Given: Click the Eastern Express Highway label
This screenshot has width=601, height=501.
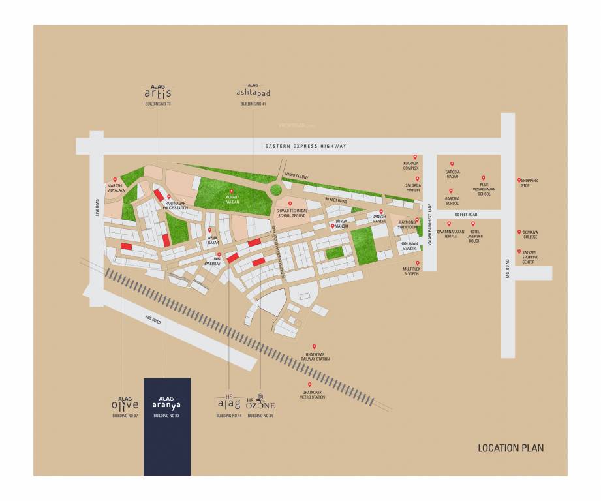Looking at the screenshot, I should [x=305, y=146].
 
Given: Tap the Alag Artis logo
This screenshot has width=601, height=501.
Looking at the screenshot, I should [x=157, y=92].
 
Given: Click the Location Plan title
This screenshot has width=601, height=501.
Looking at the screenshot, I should [x=510, y=448].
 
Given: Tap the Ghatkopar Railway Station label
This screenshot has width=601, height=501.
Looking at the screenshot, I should [x=313, y=357].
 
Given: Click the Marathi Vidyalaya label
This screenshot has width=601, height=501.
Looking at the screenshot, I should [x=112, y=188].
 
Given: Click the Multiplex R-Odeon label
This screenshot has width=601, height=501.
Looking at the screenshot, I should [x=410, y=271].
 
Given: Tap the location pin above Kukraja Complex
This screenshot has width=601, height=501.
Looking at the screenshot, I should [x=414, y=157].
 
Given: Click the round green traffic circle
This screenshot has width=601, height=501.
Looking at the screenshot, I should [x=276, y=190].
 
